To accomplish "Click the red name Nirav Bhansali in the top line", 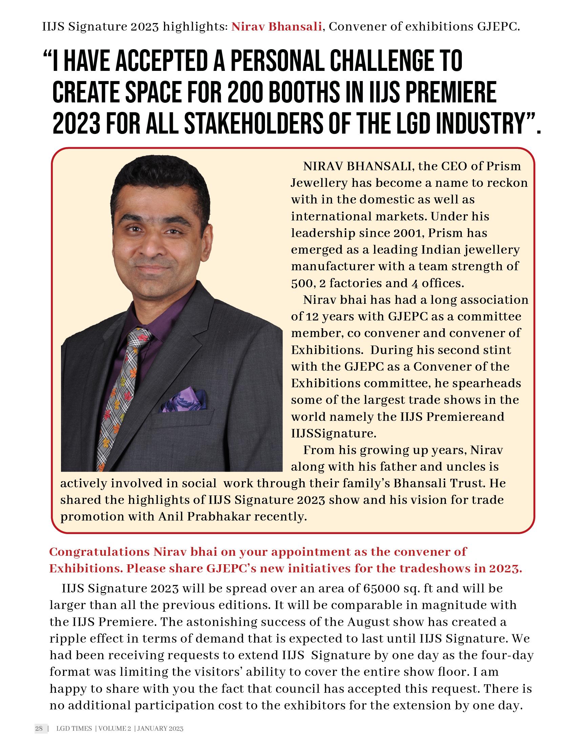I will tap(277, 26).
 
